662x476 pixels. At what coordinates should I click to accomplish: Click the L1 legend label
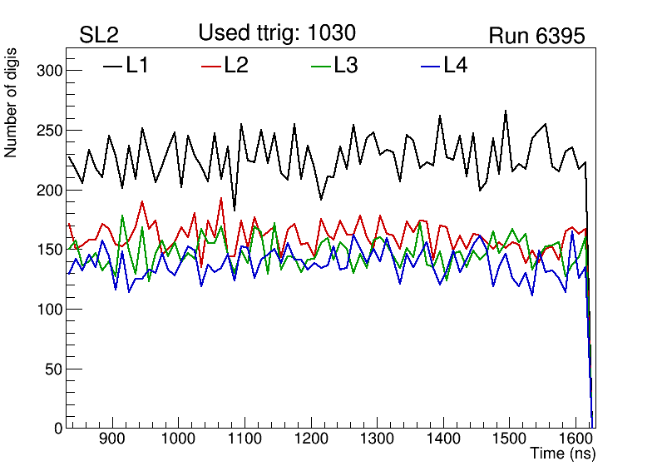137,65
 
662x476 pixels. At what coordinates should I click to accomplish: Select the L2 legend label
236,65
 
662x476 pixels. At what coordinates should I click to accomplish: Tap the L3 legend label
345,65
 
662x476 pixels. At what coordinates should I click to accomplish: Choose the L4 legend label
456,65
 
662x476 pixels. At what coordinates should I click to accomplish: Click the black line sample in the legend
112,66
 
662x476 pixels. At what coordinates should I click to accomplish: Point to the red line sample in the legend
212,66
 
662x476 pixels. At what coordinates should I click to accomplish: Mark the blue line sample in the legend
431,66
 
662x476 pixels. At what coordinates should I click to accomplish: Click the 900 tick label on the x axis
111,439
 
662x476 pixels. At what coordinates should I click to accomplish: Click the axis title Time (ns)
562,454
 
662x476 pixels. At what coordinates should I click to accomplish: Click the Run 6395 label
536,36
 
